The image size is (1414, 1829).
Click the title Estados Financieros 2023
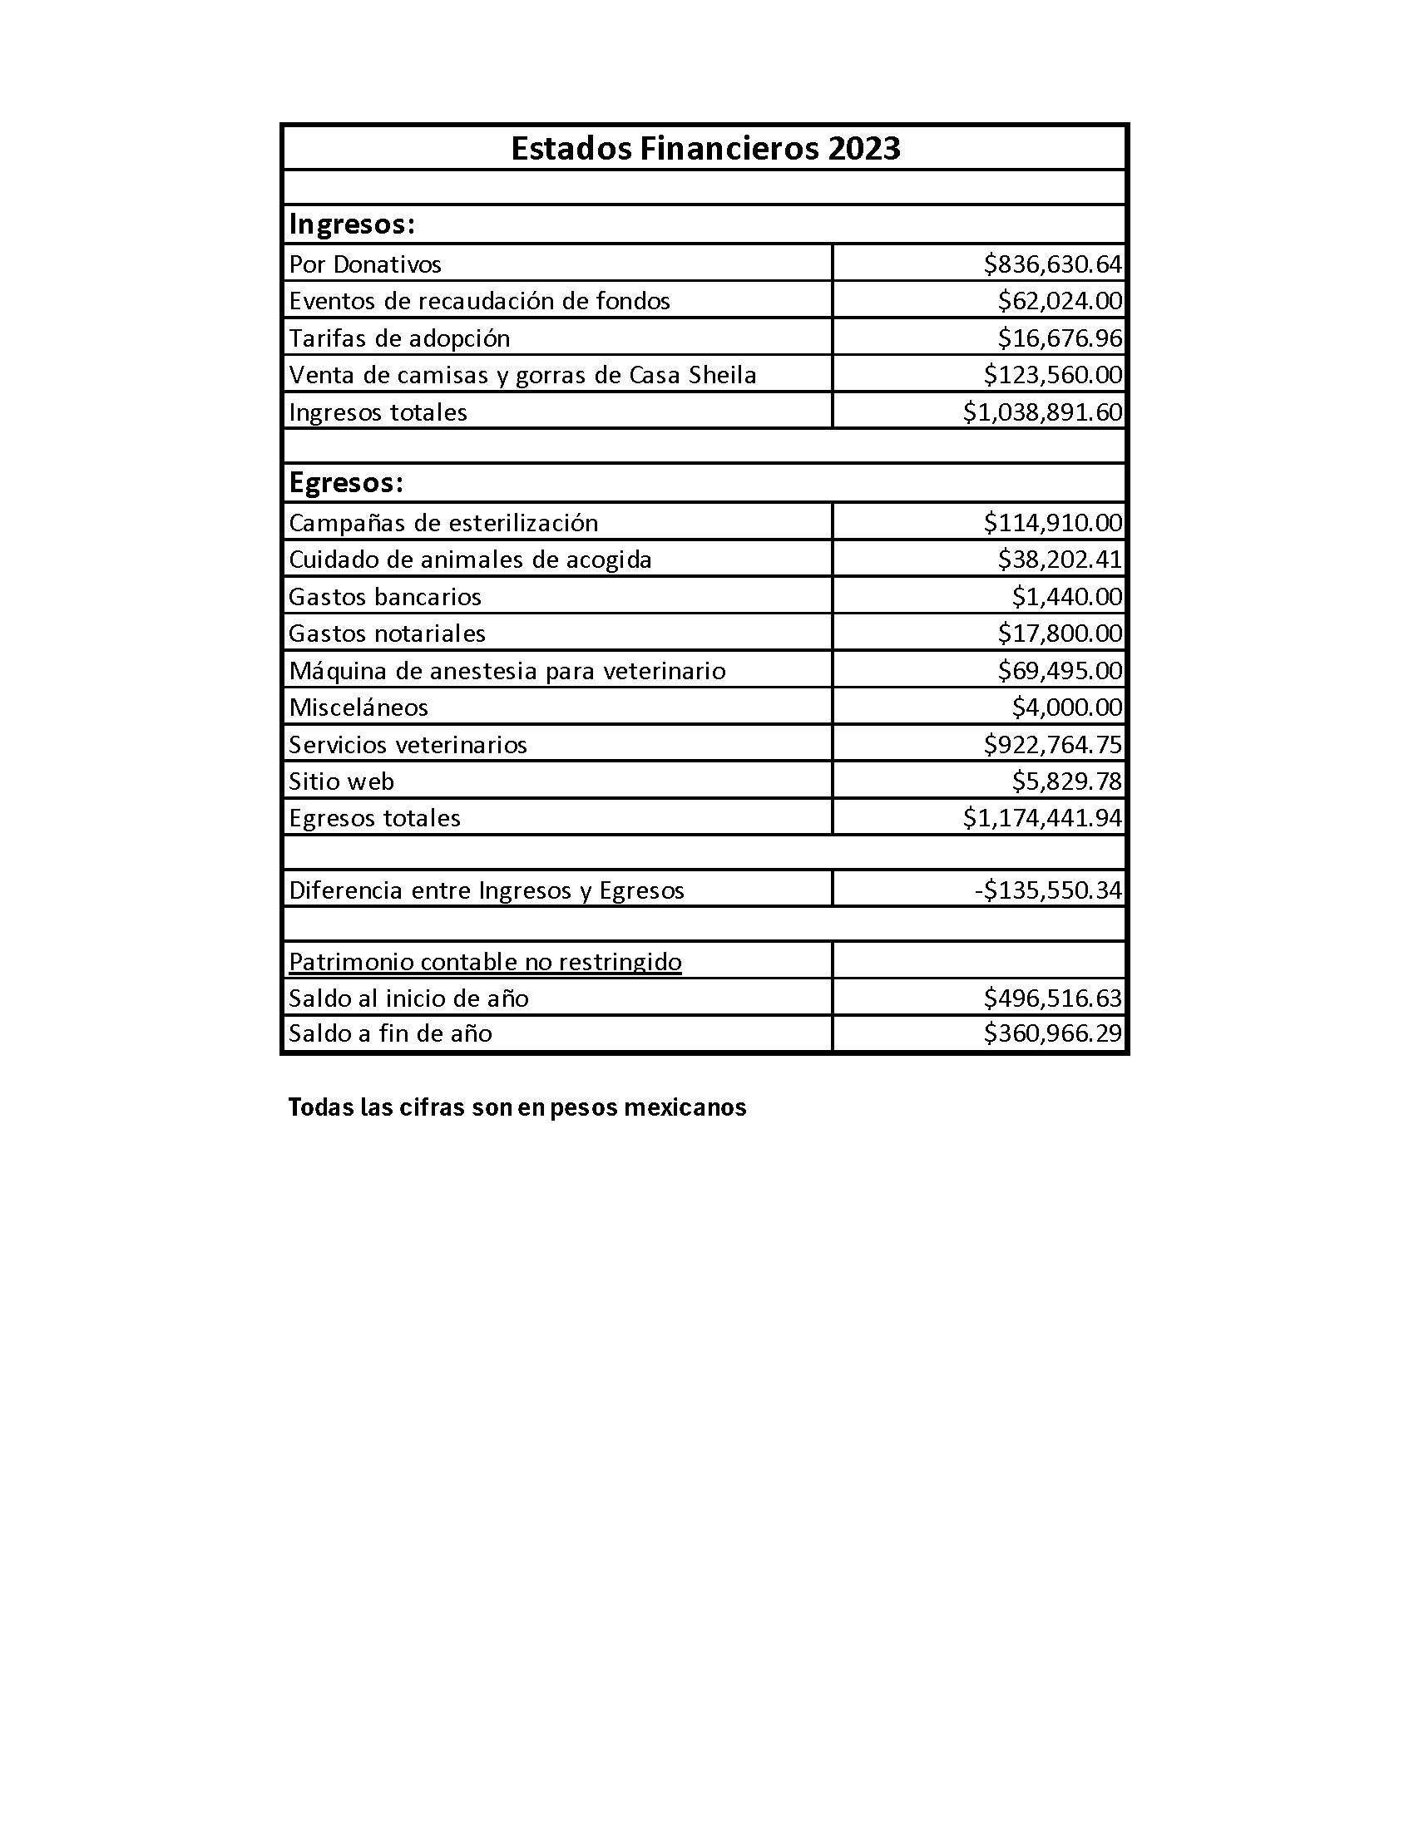705,148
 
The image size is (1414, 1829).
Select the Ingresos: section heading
352,224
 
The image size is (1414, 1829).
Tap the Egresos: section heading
346,482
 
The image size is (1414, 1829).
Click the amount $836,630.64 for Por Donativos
1052,264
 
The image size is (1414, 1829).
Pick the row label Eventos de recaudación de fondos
479,301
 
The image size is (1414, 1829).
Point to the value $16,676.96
1059,338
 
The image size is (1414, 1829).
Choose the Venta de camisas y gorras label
522,374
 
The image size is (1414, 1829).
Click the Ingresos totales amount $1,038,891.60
1042,412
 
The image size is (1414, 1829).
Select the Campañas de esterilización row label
443,523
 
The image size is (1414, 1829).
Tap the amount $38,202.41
1059,560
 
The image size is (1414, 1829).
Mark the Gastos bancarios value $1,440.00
1066,596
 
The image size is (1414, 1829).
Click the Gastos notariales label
387,633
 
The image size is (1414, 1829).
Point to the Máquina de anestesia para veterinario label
507,671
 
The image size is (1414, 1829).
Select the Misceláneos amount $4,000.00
1066,707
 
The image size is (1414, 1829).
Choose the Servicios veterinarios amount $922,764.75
1052,745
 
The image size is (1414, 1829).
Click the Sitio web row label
341,781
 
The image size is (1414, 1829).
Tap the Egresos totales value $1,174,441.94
1042,818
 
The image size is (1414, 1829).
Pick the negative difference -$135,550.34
1048,890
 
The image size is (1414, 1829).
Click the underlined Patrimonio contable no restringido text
485,961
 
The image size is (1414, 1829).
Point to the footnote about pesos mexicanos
517,1107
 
